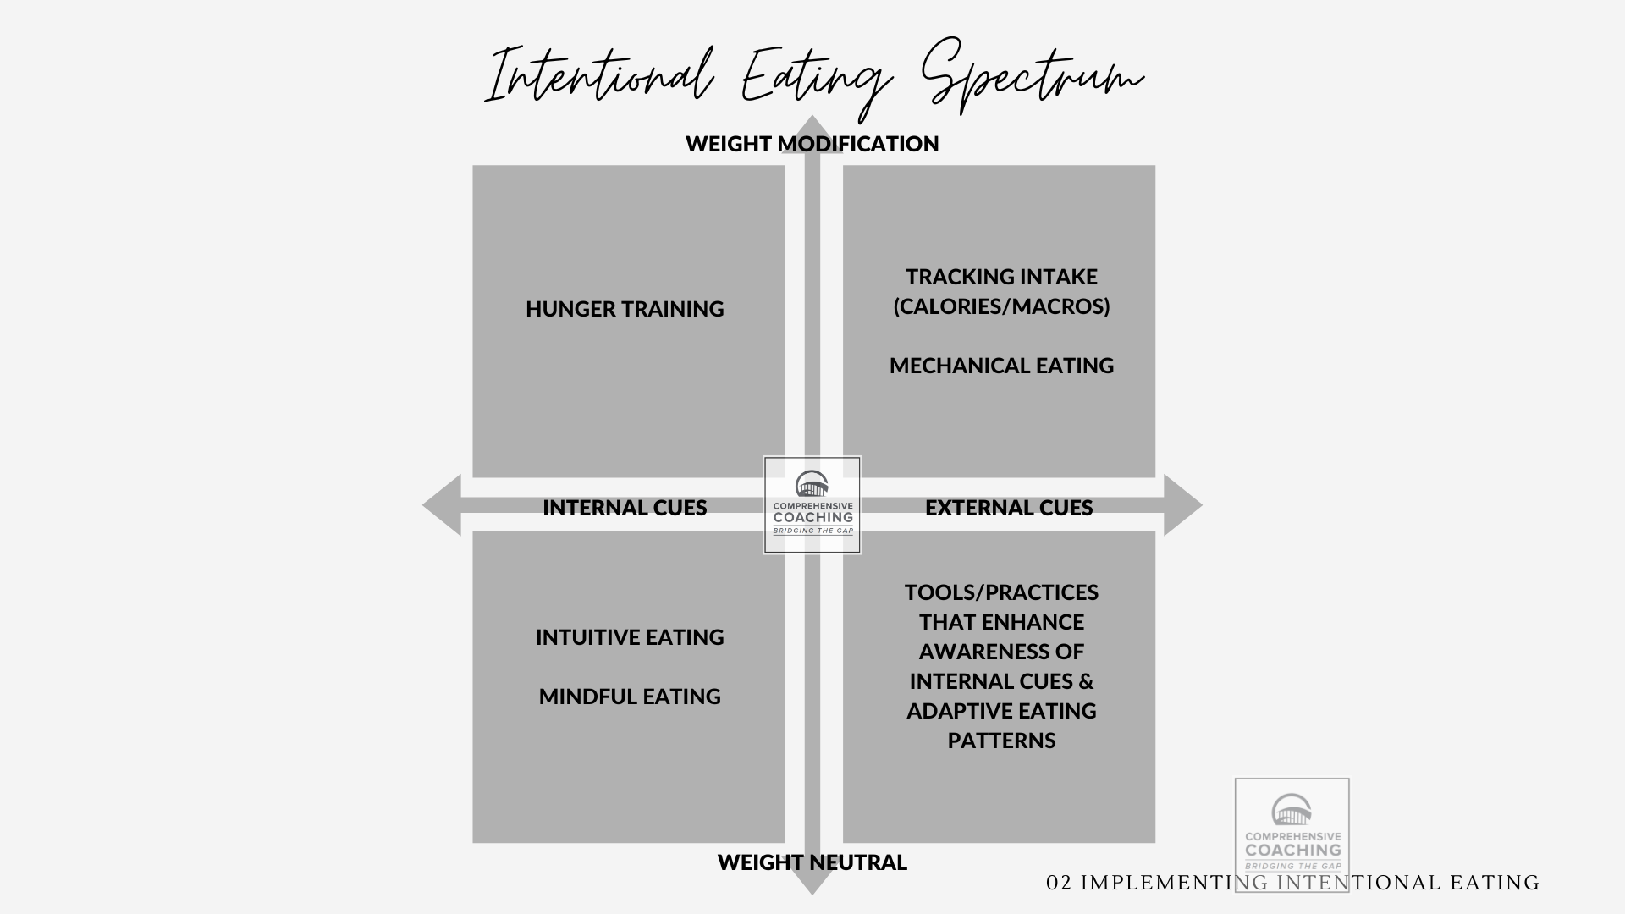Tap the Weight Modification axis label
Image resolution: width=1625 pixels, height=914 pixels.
point(812,144)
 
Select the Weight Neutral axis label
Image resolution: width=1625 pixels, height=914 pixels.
point(812,862)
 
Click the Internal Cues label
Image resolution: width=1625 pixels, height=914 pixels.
point(625,508)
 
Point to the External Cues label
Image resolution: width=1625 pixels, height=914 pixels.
point(1009,508)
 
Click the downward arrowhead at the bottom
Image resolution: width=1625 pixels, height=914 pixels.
point(812,884)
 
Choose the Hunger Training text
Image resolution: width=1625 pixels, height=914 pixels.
point(625,309)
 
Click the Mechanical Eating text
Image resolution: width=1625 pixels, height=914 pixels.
point(1001,366)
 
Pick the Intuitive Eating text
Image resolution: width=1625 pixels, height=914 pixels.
point(630,637)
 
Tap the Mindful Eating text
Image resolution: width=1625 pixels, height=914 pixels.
point(630,697)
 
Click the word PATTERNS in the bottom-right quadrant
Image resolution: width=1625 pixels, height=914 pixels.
point(1001,741)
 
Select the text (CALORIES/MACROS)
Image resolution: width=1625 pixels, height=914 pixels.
point(1001,306)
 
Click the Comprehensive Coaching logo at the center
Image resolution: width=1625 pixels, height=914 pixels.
point(812,505)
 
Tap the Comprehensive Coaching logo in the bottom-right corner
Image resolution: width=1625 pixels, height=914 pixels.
point(1292,834)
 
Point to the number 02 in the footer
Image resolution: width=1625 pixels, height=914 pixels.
point(1060,884)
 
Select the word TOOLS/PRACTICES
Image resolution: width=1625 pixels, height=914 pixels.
point(1001,592)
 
